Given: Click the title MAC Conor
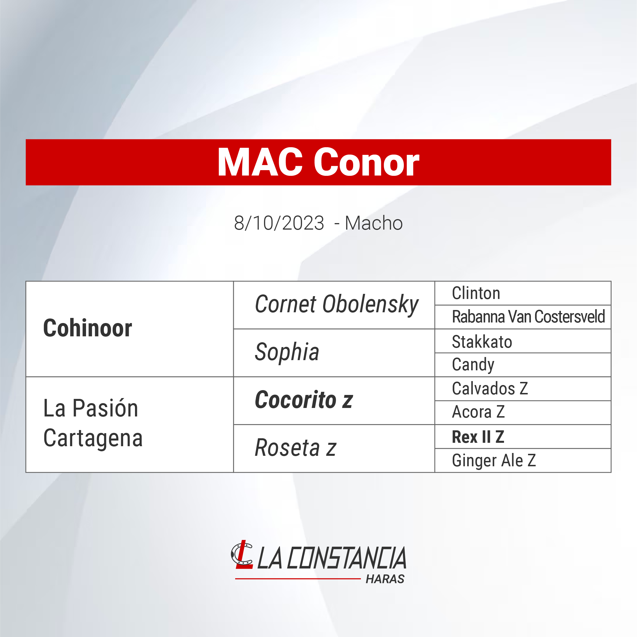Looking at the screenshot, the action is click(318, 162).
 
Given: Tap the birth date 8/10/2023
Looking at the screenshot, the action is click(279, 223).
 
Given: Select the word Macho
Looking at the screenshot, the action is click(374, 223).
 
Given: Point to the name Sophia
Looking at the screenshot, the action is click(287, 352).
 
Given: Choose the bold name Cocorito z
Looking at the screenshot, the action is click(304, 399).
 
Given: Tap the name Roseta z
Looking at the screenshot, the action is click(296, 448).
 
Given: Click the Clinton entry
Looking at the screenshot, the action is click(476, 293).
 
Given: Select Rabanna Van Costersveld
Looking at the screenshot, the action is click(528, 317).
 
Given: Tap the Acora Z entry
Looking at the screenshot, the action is click(478, 412).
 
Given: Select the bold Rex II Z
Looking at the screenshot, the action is click(478, 437).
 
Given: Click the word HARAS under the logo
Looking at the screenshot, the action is click(385, 579).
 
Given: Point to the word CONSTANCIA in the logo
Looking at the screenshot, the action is click(347, 558).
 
